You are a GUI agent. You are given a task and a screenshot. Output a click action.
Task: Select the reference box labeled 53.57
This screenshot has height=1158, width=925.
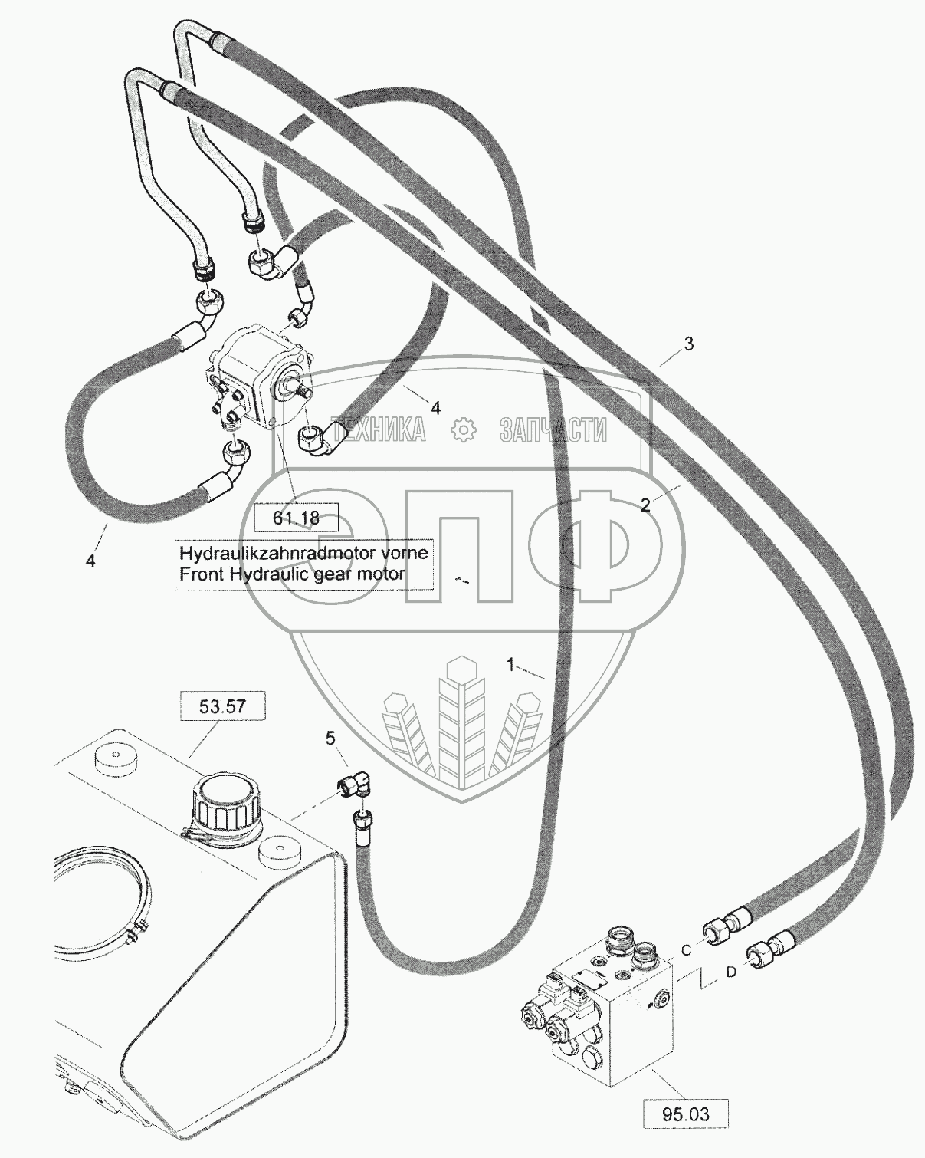[222, 706]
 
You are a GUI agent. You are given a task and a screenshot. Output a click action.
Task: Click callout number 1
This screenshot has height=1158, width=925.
[511, 665]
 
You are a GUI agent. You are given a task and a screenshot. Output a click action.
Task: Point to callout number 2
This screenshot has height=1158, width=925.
[646, 505]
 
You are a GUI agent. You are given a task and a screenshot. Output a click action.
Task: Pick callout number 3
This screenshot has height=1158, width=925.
[688, 344]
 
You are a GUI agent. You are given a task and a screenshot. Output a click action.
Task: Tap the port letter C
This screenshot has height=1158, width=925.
[687, 950]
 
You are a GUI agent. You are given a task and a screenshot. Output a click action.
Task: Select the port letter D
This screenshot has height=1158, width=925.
[731, 972]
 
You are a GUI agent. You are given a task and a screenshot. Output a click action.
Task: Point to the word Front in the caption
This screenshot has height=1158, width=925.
[199, 574]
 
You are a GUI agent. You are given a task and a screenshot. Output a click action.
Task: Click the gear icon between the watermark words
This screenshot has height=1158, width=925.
[464, 430]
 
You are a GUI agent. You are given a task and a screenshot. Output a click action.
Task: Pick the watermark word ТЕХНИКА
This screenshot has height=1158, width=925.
[378, 430]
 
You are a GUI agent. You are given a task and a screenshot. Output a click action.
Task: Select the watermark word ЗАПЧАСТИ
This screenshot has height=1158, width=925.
[553, 430]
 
